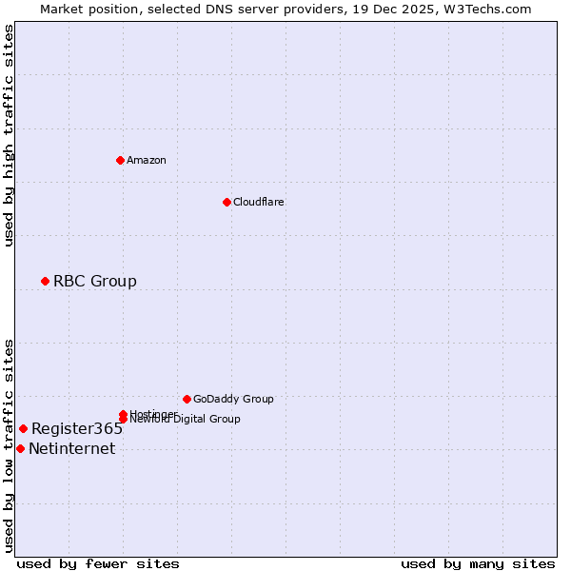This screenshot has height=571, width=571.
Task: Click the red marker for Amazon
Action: (120, 160)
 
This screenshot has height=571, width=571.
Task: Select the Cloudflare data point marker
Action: (226, 202)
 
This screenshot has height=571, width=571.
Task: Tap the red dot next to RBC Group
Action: (45, 281)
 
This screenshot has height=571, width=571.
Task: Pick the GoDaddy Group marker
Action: (187, 399)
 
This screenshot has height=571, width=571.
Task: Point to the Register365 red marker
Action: (23, 428)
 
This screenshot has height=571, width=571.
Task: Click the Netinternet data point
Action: (20, 448)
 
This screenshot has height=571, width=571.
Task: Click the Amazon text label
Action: (147, 160)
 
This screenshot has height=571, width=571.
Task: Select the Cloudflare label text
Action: (259, 202)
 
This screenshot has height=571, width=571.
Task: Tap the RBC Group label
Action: (95, 281)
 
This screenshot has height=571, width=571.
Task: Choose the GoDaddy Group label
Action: (233, 399)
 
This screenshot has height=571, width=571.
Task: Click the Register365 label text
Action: (77, 428)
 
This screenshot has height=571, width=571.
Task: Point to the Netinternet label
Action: (72, 449)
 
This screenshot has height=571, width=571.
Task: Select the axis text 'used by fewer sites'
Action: (98, 563)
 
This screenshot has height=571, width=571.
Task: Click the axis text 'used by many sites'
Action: (478, 563)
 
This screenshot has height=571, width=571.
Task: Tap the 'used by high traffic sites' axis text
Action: (10, 135)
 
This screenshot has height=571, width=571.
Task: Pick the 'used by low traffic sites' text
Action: (10, 445)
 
